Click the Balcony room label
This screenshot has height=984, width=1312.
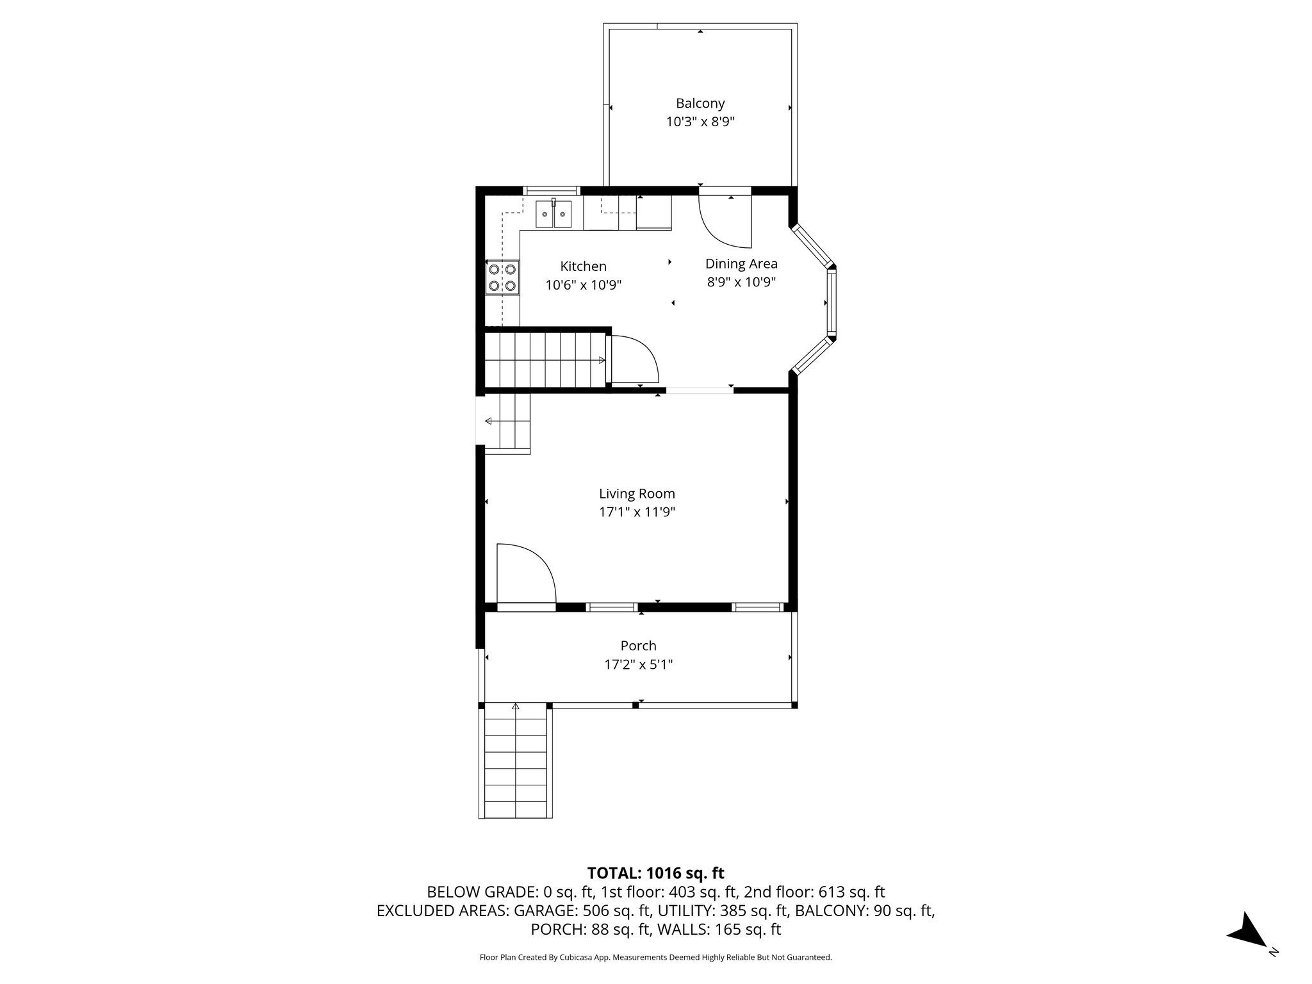[x=700, y=103]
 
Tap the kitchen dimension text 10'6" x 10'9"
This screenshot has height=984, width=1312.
[x=583, y=285]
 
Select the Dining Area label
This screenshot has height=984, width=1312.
[x=741, y=263]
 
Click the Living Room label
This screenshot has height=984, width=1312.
[x=637, y=493]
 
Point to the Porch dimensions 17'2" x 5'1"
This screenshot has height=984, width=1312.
[x=638, y=664]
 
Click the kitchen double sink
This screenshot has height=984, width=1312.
[x=553, y=214]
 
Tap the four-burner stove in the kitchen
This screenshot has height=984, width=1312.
[x=502, y=278]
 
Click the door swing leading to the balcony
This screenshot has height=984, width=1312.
[x=724, y=222]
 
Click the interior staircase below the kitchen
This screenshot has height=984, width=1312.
[x=545, y=360]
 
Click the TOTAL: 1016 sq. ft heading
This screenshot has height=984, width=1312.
[x=655, y=873]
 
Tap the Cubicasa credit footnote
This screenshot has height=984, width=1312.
[x=655, y=957]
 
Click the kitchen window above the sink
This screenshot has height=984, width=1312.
[x=552, y=190]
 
